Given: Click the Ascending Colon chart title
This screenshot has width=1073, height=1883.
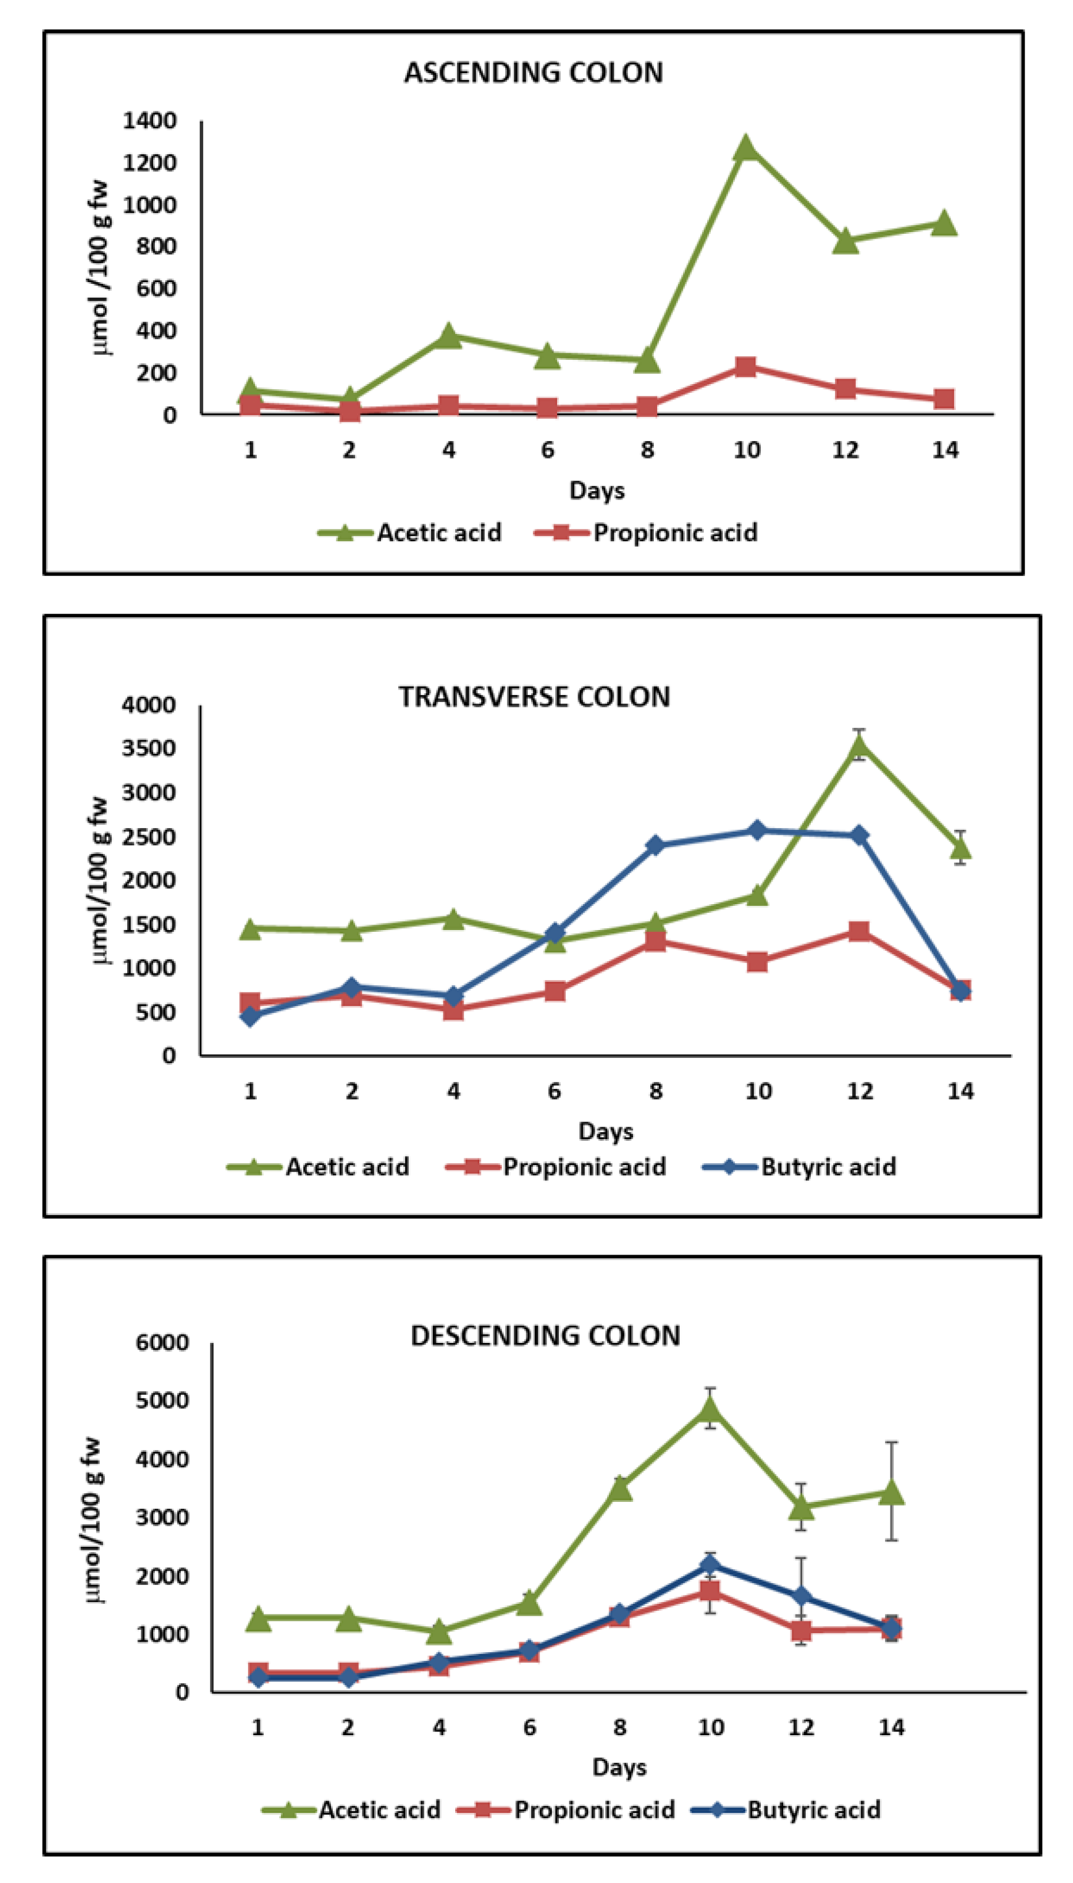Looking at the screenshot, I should pos(534,72).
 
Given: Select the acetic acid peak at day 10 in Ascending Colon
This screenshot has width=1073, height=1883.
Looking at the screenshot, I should pos(745,147).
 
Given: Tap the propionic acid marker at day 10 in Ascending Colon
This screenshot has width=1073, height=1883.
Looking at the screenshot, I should pos(745,366).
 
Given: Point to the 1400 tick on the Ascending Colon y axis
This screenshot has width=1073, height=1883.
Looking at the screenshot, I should pos(150,120).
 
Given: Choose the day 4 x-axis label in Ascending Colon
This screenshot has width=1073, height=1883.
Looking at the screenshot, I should pos(448,449).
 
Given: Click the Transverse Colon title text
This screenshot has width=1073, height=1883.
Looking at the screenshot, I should pos(534,696).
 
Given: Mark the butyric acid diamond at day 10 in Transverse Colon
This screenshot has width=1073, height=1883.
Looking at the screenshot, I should pos(757,830).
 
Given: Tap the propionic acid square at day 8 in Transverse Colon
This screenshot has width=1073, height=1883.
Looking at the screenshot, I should pos(655,941).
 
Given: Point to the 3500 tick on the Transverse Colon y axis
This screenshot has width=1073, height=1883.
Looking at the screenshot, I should pos(149,748).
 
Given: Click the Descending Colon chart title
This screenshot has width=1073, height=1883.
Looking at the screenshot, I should pos(545,1335).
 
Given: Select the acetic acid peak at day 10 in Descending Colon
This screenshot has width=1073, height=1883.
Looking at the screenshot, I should pos(710,1409).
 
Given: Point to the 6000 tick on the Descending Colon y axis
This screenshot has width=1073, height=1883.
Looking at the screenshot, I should pos(161,1342).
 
